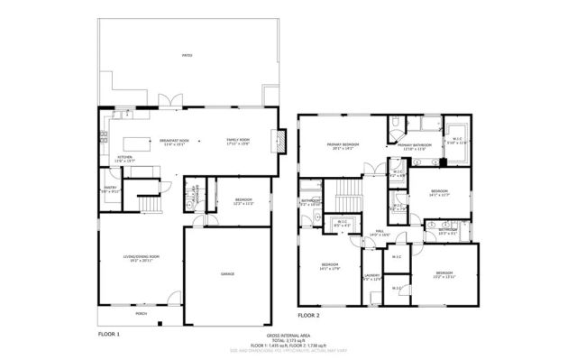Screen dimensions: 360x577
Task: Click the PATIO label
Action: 187,55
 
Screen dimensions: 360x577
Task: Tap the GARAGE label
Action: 227,272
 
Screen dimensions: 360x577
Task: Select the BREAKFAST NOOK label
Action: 174,141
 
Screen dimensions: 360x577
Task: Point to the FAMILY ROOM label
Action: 239,141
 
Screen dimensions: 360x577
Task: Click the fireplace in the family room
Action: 281,141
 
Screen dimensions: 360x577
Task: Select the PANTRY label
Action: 109,189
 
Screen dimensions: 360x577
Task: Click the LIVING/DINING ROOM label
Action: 142,258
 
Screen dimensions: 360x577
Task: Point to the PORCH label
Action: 142,313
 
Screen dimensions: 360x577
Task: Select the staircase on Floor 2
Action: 347,193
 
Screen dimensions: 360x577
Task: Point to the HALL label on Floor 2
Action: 380,232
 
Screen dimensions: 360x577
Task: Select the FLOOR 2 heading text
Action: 309,316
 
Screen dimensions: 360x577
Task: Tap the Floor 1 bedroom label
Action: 243,199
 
